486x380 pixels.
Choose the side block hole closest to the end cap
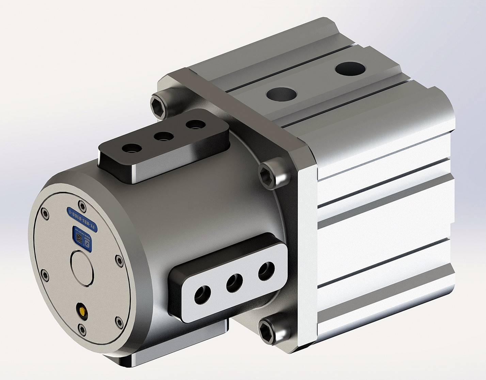[x=201, y=295]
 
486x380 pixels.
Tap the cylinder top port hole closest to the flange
[x=281, y=94]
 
